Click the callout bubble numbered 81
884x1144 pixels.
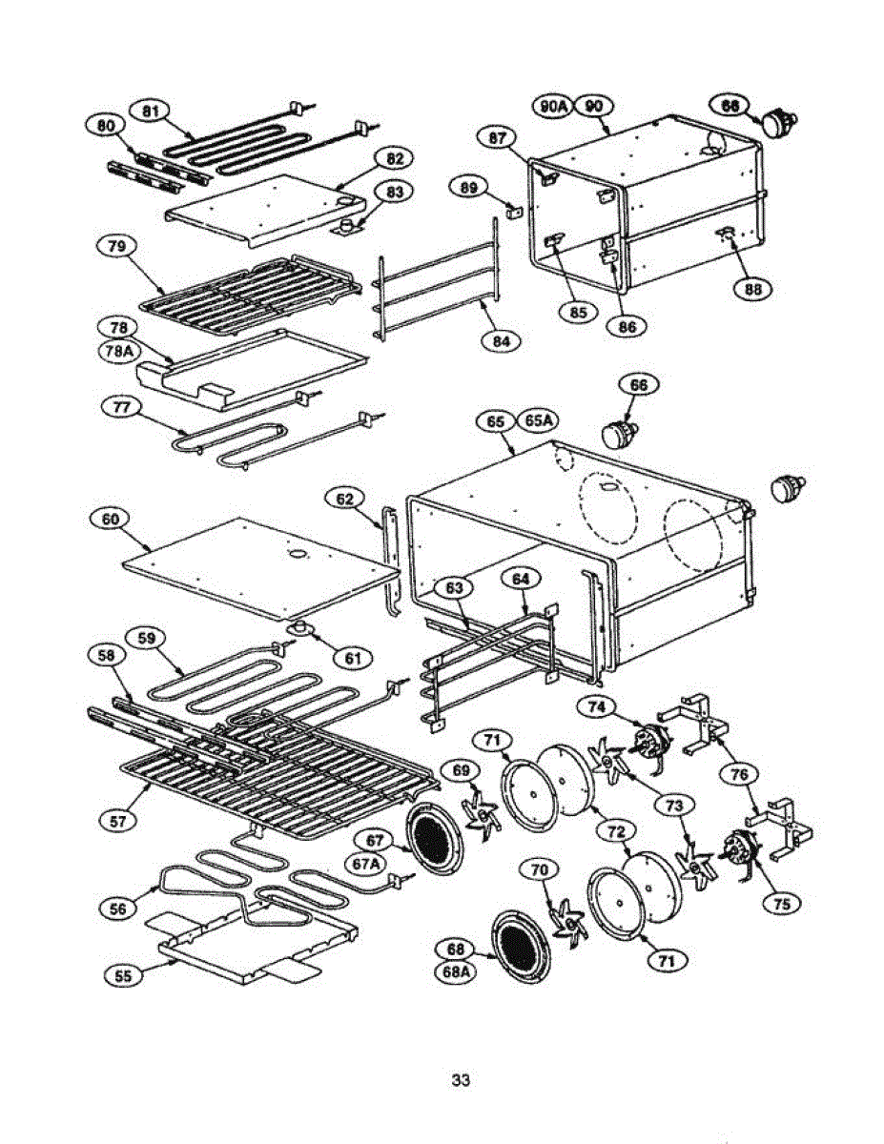click(x=150, y=111)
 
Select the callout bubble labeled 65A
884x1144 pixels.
click(x=539, y=420)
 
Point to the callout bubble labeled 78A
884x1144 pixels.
click(x=118, y=350)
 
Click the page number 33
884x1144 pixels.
click(x=461, y=1081)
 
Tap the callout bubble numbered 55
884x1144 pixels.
click(x=123, y=975)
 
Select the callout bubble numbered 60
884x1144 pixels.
click(x=112, y=520)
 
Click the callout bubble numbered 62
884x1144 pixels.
click(x=344, y=498)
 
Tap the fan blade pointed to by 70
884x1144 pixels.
click(x=568, y=917)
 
